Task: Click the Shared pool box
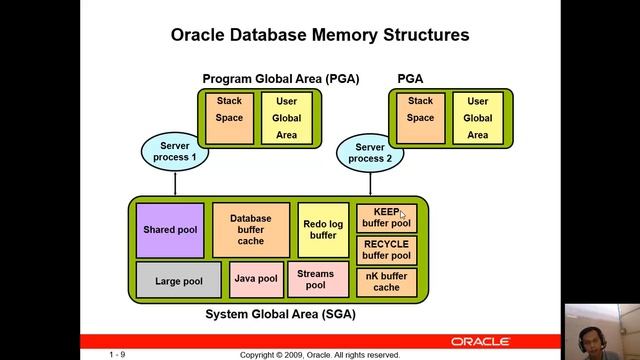[169, 229]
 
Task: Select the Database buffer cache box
[250, 229]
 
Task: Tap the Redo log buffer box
[322, 229]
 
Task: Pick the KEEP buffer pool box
[386, 218]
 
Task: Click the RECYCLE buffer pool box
[386, 249]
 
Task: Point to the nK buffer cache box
[386, 281]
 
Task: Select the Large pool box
[178, 280]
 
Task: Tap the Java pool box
[256, 279]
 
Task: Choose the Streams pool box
[316, 279]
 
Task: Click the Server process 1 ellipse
[175, 152]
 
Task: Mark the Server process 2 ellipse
[370, 152]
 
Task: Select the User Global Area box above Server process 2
[478, 118]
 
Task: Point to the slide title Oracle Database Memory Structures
[320, 35]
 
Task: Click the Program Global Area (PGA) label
[280, 78]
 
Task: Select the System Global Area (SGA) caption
[280, 314]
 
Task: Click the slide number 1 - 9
[117, 354]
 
